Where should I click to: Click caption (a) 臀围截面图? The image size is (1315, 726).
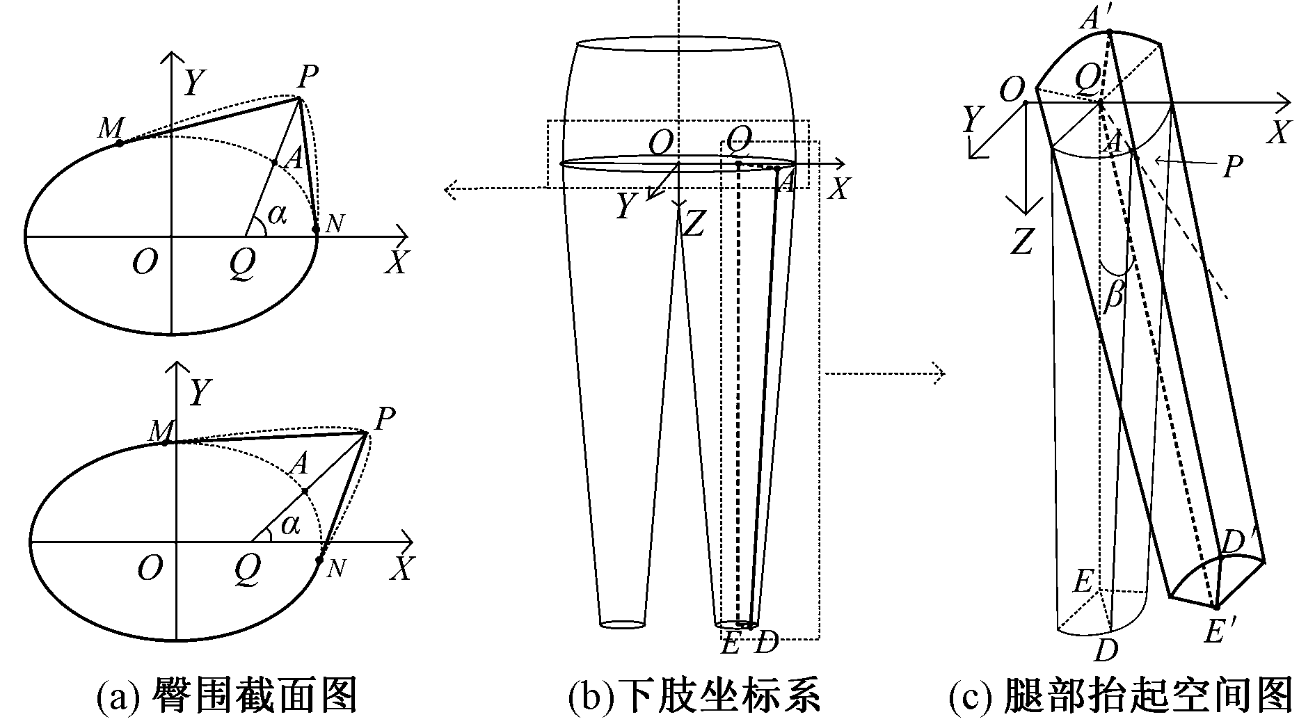(x=227, y=696)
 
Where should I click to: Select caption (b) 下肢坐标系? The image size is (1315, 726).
(x=694, y=696)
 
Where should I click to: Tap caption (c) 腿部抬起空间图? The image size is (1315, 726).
(x=1121, y=696)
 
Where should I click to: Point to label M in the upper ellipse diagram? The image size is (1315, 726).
(x=111, y=127)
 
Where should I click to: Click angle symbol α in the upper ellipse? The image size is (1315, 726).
(x=277, y=215)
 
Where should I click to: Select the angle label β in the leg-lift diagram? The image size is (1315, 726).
(x=1113, y=296)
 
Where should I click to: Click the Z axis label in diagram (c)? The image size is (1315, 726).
(x=1021, y=241)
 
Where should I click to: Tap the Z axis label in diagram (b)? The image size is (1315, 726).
(x=694, y=223)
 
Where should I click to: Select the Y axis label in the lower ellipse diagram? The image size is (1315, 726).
(x=200, y=393)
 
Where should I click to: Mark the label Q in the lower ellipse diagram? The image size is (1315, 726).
(x=247, y=570)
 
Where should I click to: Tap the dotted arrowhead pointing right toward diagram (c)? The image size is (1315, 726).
(x=939, y=373)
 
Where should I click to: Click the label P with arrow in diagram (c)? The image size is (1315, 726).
(x=1232, y=167)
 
